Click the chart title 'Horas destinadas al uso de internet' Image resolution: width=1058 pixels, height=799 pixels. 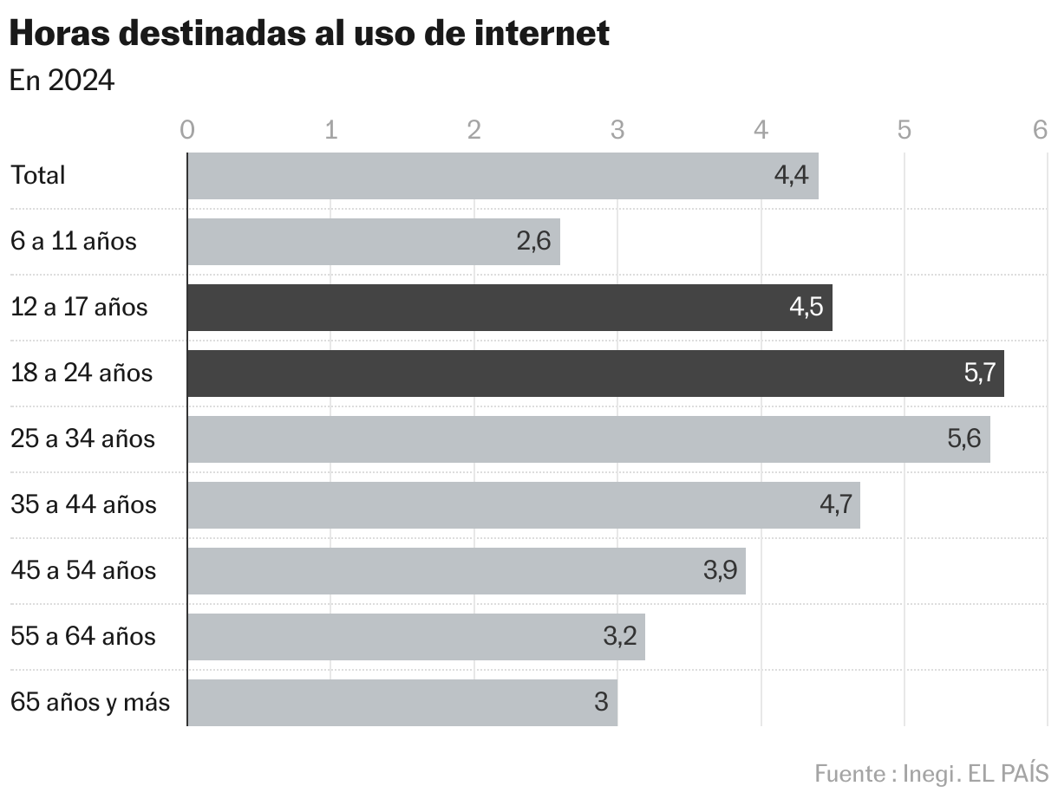pyautogui.click(x=310, y=34)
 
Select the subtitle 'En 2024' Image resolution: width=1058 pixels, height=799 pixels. pyautogui.click(x=62, y=81)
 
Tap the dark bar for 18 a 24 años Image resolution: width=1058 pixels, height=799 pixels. pyautogui.click(x=595, y=374)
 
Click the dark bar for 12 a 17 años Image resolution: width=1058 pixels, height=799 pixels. pyautogui.click(x=509, y=308)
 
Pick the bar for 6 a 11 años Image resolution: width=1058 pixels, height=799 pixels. pyautogui.click(x=373, y=242)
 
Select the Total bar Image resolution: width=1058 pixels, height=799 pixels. pyautogui.click(x=502, y=176)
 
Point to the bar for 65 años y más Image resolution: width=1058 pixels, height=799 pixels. pyautogui.click(x=402, y=702)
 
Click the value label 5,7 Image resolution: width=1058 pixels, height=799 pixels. pyautogui.click(x=980, y=374)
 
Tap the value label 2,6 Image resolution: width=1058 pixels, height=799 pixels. pyautogui.click(x=533, y=242)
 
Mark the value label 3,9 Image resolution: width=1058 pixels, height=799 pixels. pyautogui.click(x=720, y=570)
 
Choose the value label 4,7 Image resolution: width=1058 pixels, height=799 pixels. pyautogui.click(x=836, y=504)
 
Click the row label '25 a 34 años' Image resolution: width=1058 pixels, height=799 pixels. pyautogui.click(x=82, y=438)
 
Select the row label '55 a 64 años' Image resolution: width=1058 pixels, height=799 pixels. pyautogui.click(x=83, y=636)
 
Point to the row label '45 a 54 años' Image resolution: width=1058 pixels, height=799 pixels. pyautogui.click(x=83, y=570)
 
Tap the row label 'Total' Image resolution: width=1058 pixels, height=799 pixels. pyautogui.click(x=38, y=175)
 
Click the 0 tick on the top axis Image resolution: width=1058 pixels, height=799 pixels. pyautogui.click(x=186, y=130)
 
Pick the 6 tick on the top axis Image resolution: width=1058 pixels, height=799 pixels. pyautogui.click(x=1041, y=130)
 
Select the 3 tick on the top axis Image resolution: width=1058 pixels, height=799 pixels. pyautogui.click(x=617, y=130)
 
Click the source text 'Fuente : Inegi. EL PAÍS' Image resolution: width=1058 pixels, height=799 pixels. pyautogui.click(x=931, y=772)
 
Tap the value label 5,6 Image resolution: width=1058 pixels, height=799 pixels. pyautogui.click(x=964, y=438)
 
